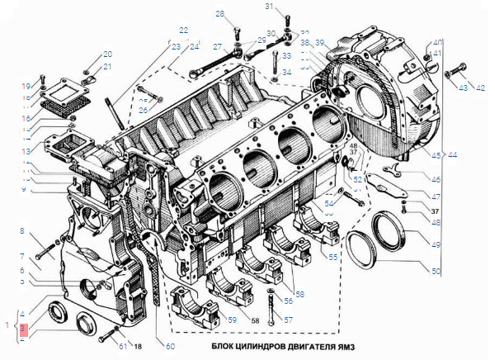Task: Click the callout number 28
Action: (x=220, y=14)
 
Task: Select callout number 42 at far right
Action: (x=480, y=88)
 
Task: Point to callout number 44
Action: (x=455, y=154)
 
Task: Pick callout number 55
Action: (x=332, y=258)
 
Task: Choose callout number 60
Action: (x=170, y=346)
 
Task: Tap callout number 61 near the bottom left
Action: (x=123, y=346)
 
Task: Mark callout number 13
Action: (x=26, y=152)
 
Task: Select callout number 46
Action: (x=436, y=179)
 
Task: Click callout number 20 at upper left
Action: (x=107, y=54)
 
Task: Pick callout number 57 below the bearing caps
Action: (x=288, y=320)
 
